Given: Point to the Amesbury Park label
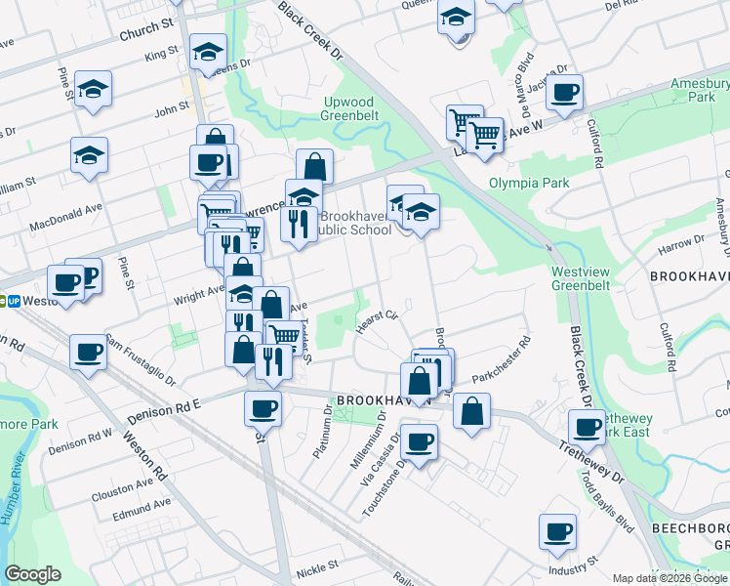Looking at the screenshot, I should click(694, 91).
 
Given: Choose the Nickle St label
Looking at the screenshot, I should click(318, 565).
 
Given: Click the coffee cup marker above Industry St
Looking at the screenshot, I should click(557, 531).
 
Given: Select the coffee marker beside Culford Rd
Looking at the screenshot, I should click(564, 93).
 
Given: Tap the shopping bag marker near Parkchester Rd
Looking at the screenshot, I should click(471, 411).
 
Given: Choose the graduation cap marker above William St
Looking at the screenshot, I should click(89, 154).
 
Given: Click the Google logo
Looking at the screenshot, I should click(33, 574).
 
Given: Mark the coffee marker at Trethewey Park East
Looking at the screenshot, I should click(588, 426).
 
